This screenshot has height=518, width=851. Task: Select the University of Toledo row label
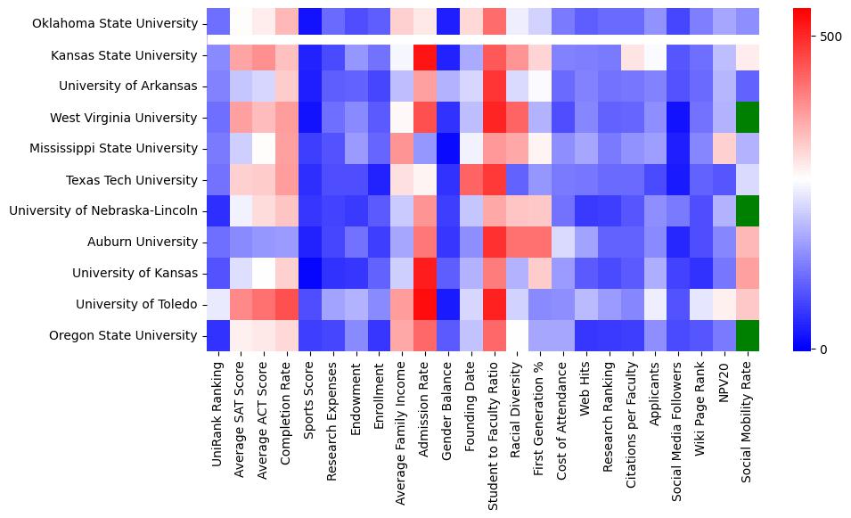(x=135, y=305)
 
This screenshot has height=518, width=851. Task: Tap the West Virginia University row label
(x=128, y=117)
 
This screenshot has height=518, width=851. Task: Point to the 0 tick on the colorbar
(x=813, y=349)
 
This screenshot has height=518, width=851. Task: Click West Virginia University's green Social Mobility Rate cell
(x=749, y=117)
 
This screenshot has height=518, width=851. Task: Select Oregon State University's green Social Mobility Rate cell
(x=749, y=335)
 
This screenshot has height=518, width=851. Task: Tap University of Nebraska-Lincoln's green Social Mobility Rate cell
(x=749, y=210)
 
